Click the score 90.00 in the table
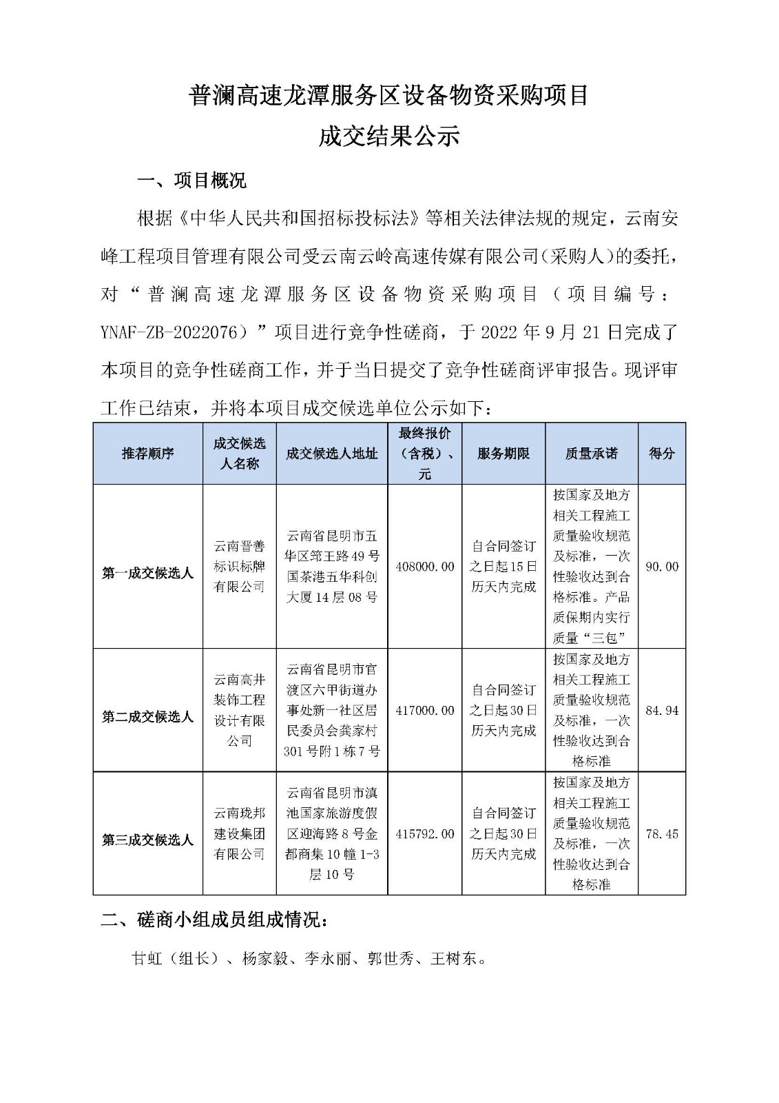pos(661,567)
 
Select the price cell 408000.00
pos(425,567)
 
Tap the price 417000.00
pos(425,710)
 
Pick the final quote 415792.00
pos(425,833)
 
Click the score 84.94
pos(661,710)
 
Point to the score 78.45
pos(661,833)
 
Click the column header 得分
pos(661,453)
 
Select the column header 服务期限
pos(503,453)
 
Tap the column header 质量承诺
pos(592,453)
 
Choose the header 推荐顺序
pos(148,453)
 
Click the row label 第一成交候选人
pos(148,573)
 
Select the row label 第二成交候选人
pos(148,717)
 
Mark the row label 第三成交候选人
pos(148,840)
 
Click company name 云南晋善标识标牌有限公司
pos(239,567)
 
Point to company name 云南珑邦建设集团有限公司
pos(239,833)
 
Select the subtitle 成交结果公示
pos(388,136)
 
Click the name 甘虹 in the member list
pos(146,958)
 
